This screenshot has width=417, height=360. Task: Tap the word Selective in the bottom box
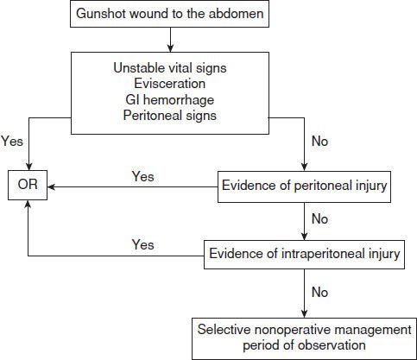click(224, 330)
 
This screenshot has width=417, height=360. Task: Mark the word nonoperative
click(290, 330)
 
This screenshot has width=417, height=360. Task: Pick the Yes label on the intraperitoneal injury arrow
click(142, 245)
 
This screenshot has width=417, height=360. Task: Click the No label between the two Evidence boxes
click(320, 219)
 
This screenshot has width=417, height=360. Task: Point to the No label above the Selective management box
click(320, 293)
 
